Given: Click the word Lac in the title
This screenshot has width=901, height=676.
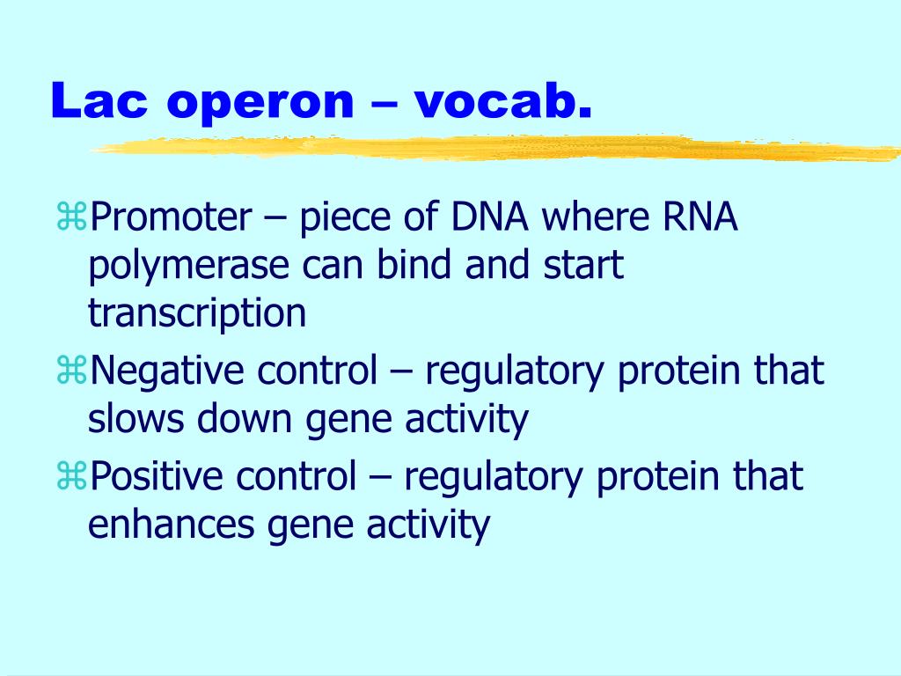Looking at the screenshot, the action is pyautogui.click(x=99, y=100).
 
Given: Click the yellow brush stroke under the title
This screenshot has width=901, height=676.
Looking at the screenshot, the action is pyautogui.click(x=495, y=148).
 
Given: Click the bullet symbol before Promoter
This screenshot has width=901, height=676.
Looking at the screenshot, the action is pyautogui.click(x=71, y=217).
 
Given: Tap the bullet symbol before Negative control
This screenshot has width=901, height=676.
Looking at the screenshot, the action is pyautogui.click(x=71, y=370).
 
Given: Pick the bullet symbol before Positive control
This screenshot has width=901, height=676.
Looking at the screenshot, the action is pyautogui.click(x=71, y=476).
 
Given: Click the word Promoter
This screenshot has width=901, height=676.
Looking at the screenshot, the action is pyautogui.click(x=171, y=217).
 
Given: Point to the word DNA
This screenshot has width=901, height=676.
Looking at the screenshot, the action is pyautogui.click(x=489, y=217).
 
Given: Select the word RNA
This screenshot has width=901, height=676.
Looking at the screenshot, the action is pyautogui.click(x=700, y=217).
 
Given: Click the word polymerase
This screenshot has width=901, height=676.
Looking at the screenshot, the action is pyautogui.click(x=188, y=267).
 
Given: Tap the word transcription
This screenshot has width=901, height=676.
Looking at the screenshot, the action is pyautogui.click(x=196, y=314).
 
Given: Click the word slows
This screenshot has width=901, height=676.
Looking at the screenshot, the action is pyautogui.click(x=136, y=418).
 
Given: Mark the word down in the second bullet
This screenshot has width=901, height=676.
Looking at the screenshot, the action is pyautogui.click(x=245, y=418).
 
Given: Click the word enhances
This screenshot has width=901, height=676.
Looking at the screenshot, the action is pyautogui.click(x=172, y=525).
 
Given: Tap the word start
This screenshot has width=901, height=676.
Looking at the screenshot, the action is pyautogui.click(x=583, y=265).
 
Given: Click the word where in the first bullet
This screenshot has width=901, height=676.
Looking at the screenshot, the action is pyautogui.click(x=596, y=217).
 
